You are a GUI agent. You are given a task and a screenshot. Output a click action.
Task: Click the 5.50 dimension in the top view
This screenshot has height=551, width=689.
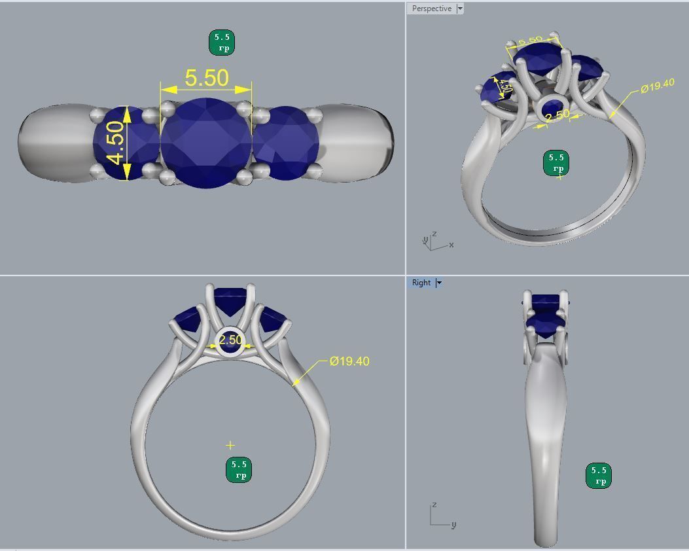click(207, 78)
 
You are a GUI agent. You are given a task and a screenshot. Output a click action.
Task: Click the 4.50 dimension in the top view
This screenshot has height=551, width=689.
click(116, 143)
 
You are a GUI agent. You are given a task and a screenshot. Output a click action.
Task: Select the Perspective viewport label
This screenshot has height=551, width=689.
click(431, 9)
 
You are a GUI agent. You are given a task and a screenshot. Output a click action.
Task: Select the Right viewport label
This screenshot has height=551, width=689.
click(421, 283)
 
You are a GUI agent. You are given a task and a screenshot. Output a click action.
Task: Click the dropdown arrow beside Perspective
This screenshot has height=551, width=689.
click(460, 9)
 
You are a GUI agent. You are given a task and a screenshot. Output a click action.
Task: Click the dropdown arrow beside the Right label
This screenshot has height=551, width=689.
click(439, 283)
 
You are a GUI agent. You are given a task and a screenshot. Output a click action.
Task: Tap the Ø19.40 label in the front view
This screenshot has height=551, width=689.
click(349, 361)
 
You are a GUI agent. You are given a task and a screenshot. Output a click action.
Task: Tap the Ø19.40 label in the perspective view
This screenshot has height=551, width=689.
click(657, 86)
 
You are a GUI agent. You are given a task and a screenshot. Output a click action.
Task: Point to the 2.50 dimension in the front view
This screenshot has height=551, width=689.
click(230, 340)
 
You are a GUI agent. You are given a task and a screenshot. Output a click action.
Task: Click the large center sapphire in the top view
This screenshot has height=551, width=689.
click(206, 143)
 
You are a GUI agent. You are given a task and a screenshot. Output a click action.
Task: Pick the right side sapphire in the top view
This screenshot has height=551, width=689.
click(287, 143)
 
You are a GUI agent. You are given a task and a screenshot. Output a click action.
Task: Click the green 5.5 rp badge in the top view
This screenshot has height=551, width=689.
click(221, 43)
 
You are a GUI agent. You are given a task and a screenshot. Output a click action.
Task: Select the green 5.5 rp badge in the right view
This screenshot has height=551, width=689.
click(598, 476)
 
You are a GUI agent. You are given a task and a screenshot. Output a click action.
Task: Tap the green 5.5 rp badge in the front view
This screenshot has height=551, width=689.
click(239, 470)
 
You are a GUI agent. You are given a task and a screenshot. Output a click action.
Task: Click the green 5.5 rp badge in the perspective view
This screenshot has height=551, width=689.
click(556, 162)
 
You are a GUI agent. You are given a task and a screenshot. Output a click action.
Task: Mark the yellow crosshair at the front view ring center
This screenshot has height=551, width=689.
click(230, 445)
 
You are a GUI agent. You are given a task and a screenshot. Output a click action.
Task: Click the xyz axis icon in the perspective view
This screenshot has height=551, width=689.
click(436, 241)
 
